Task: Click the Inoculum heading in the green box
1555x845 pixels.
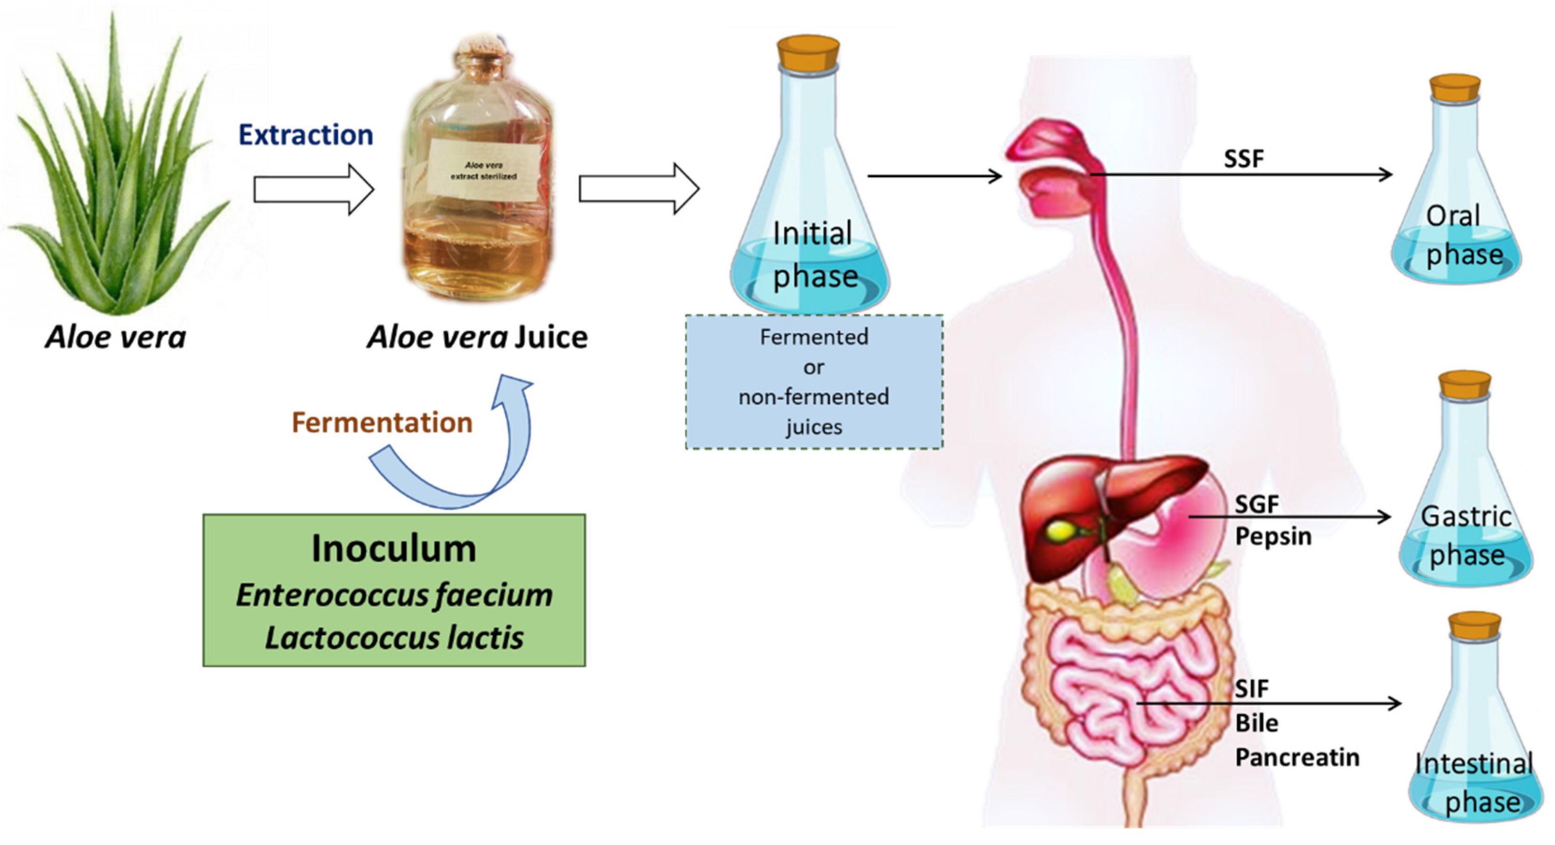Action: tap(394, 549)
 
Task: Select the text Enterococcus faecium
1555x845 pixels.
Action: tap(394, 595)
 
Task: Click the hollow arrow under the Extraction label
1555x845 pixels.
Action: tap(313, 189)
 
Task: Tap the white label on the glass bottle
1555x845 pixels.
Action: tap(483, 170)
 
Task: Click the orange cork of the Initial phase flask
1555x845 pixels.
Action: tap(808, 52)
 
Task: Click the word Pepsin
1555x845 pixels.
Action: tap(1273, 536)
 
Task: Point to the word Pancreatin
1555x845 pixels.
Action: tap(1297, 758)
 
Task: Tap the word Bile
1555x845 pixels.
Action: tap(1256, 723)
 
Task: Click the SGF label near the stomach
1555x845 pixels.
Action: tap(1256, 504)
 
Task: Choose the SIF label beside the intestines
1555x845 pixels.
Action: tap(1252, 689)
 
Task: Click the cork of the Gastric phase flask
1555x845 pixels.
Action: tap(1464, 384)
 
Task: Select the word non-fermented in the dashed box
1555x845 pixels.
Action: tap(813, 397)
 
